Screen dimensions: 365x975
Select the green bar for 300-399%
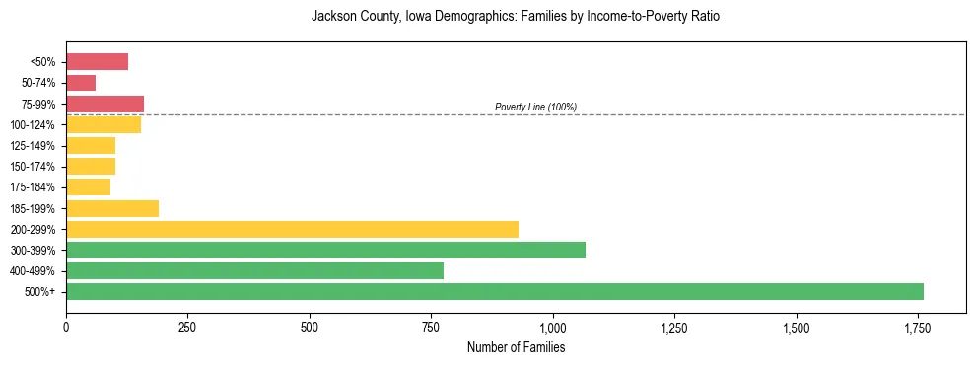click(325, 250)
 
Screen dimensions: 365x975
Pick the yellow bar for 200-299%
click(292, 229)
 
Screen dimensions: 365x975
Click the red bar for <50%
click(97, 62)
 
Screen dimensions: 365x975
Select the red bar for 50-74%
click(81, 83)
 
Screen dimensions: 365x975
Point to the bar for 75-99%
click(104, 104)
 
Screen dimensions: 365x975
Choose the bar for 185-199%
click(112, 208)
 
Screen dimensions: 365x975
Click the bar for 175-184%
click(88, 187)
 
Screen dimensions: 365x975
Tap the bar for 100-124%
click(104, 124)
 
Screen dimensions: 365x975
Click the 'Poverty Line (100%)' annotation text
click(535, 107)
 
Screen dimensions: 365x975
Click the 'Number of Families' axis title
click(516, 347)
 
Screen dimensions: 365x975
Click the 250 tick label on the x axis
click(187, 328)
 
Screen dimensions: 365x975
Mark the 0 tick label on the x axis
click(66, 328)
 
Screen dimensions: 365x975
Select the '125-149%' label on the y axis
click(34, 146)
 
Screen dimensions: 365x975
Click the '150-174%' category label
click(34, 167)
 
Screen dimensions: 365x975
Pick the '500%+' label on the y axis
click(39, 292)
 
